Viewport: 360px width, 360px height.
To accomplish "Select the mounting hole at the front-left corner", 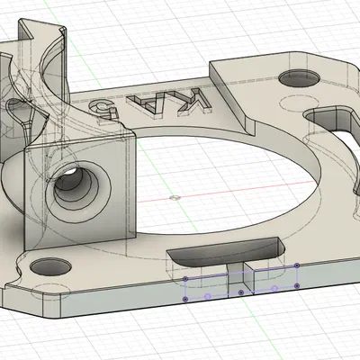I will tap(49, 267).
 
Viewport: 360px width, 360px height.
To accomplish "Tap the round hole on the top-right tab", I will tap(298, 78).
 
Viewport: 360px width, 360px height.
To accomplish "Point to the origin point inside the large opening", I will tap(174, 195).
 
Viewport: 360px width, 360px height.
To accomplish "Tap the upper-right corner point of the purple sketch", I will tap(297, 265).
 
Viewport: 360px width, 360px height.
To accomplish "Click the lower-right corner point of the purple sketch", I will tap(298, 286).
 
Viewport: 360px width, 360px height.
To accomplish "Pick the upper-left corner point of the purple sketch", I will tap(185, 278).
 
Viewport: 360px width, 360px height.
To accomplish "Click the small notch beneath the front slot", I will tap(240, 274).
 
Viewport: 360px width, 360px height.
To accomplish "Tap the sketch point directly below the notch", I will tap(240, 292).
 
